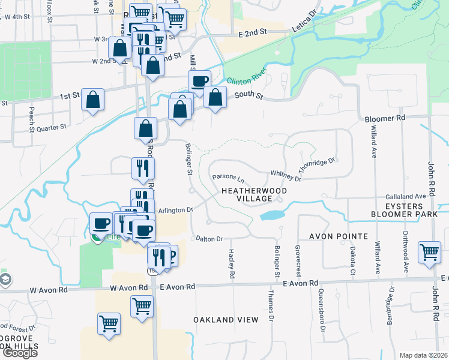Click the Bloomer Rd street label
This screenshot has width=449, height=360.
point(385,119)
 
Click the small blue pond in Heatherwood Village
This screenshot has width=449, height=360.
point(273,215)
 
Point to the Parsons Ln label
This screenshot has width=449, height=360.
point(229,179)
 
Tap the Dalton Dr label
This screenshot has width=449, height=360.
point(209,239)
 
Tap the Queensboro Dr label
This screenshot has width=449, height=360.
point(322,315)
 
